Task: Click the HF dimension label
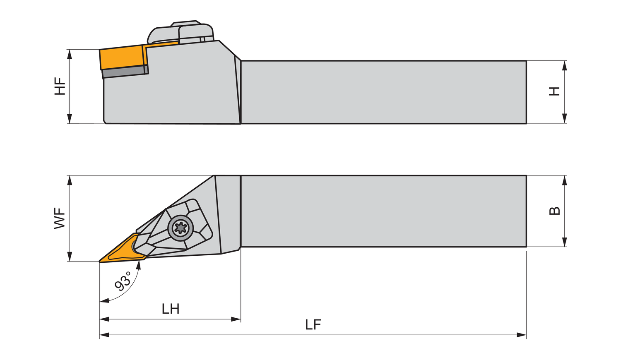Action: pyautogui.click(x=60, y=86)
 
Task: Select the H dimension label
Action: pyautogui.click(x=554, y=91)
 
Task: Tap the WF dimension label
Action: pyautogui.click(x=60, y=218)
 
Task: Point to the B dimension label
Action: pyautogui.click(x=554, y=211)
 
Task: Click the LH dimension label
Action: pyautogui.click(x=170, y=309)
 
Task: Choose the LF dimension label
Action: pyautogui.click(x=313, y=325)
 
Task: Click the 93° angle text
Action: pyautogui.click(x=123, y=281)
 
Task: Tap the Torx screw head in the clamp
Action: pyautogui.click(x=181, y=227)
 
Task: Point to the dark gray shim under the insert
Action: pyautogui.click(x=124, y=72)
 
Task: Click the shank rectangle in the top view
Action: pyautogui.click(x=383, y=211)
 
